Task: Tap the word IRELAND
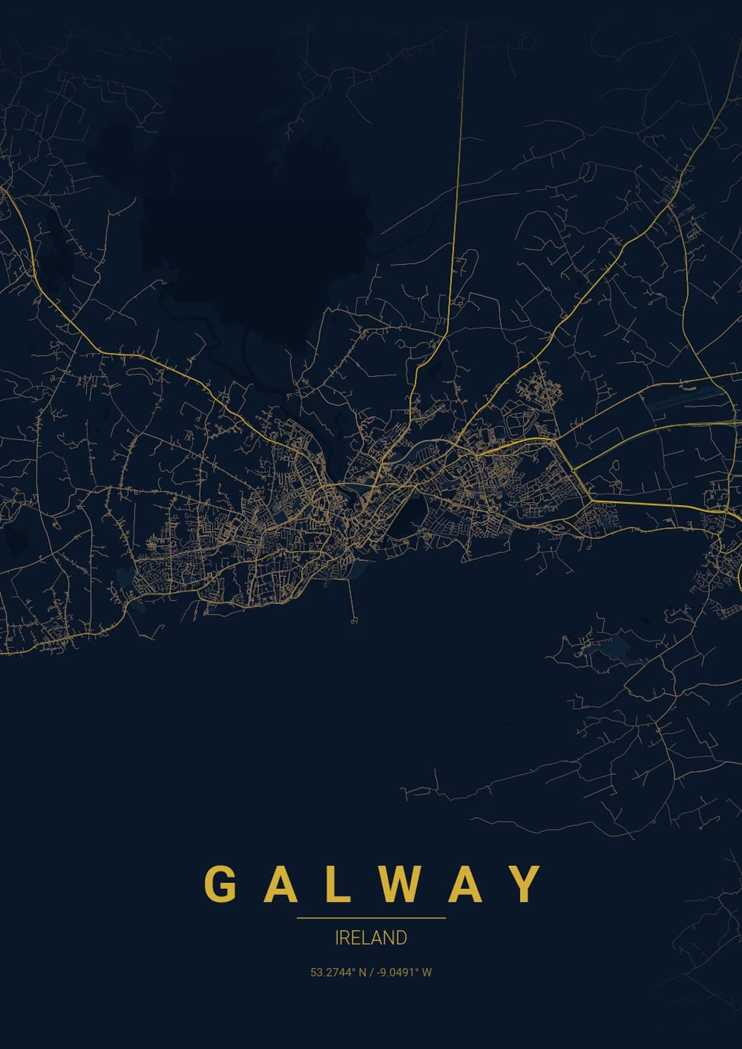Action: click(x=371, y=938)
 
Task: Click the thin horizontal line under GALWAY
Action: click(x=371, y=918)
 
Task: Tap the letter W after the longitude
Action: click(x=427, y=972)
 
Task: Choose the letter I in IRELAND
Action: click(x=336, y=938)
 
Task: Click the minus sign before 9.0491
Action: click(x=377, y=972)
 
